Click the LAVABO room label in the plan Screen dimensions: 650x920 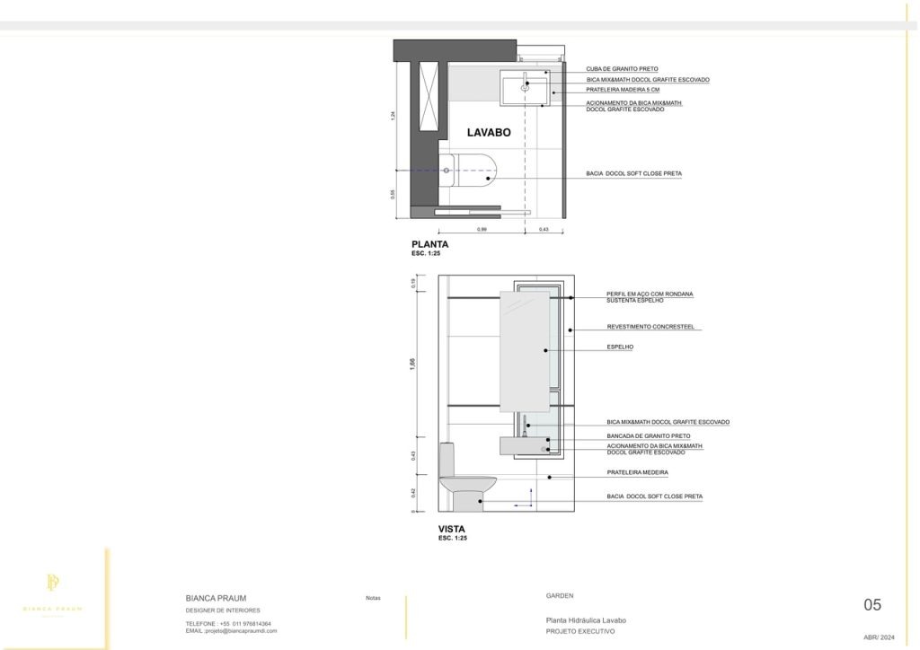[489, 133]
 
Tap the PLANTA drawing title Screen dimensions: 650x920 [429, 244]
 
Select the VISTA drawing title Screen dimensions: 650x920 [451, 530]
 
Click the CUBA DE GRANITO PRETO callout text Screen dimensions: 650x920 [623, 68]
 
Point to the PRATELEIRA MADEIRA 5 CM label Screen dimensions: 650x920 [623, 90]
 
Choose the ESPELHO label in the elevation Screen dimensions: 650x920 [620, 347]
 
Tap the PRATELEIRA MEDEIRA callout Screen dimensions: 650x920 [638, 472]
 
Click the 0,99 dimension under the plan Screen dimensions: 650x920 [482, 230]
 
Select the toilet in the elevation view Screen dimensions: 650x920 [464, 482]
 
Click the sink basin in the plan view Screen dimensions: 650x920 [525, 89]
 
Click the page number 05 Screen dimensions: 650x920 [871, 605]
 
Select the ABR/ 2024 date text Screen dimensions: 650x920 [879, 637]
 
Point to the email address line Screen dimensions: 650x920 [231, 631]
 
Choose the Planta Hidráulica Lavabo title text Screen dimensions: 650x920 [586, 621]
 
